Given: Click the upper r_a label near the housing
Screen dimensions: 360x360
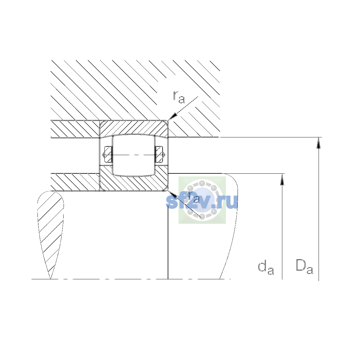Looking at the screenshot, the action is tap(179, 97).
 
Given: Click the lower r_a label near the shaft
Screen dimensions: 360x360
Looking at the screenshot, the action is tap(194, 197).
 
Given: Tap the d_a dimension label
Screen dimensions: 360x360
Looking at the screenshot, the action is tap(266, 268).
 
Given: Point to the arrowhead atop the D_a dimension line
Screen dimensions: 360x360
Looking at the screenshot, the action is tap(319, 143).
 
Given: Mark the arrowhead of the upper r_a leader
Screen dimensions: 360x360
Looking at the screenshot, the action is tap(172, 117).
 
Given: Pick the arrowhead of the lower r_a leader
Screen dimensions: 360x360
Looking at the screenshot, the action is tap(172, 194).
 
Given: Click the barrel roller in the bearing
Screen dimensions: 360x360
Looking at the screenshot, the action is tap(133, 155).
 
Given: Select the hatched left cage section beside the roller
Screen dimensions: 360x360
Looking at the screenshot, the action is tap(108, 154).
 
